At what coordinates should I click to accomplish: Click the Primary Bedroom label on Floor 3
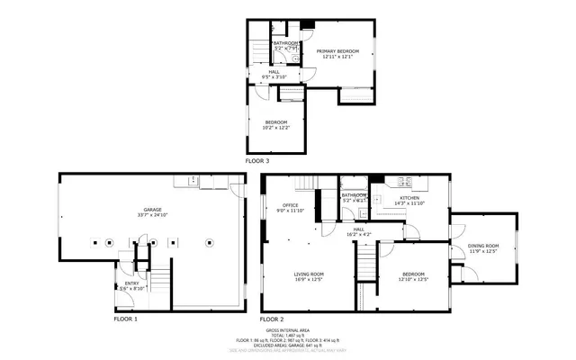(x=337, y=51)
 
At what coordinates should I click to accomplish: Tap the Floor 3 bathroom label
(x=286, y=42)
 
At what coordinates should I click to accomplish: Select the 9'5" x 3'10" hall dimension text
(x=274, y=77)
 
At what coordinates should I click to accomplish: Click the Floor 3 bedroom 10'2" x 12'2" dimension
(x=275, y=127)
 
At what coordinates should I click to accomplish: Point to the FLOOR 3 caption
(x=257, y=160)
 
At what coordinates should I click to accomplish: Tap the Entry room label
(x=130, y=283)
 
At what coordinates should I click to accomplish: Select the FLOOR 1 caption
(x=126, y=319)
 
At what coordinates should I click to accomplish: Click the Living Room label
(x=309, y=274)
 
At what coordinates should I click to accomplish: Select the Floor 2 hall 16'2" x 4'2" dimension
(x=358, y=234)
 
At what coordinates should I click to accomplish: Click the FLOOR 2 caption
(x=272, y=319)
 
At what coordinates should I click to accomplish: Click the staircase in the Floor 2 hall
(x=366, y=262)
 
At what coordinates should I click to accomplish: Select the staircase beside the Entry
(x=158, y=279)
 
